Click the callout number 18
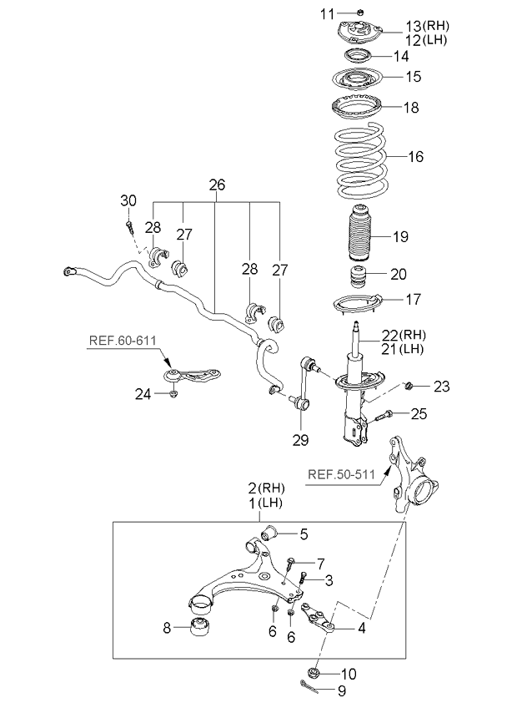411,108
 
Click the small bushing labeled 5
269,533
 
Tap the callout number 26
217,185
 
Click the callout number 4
362,628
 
